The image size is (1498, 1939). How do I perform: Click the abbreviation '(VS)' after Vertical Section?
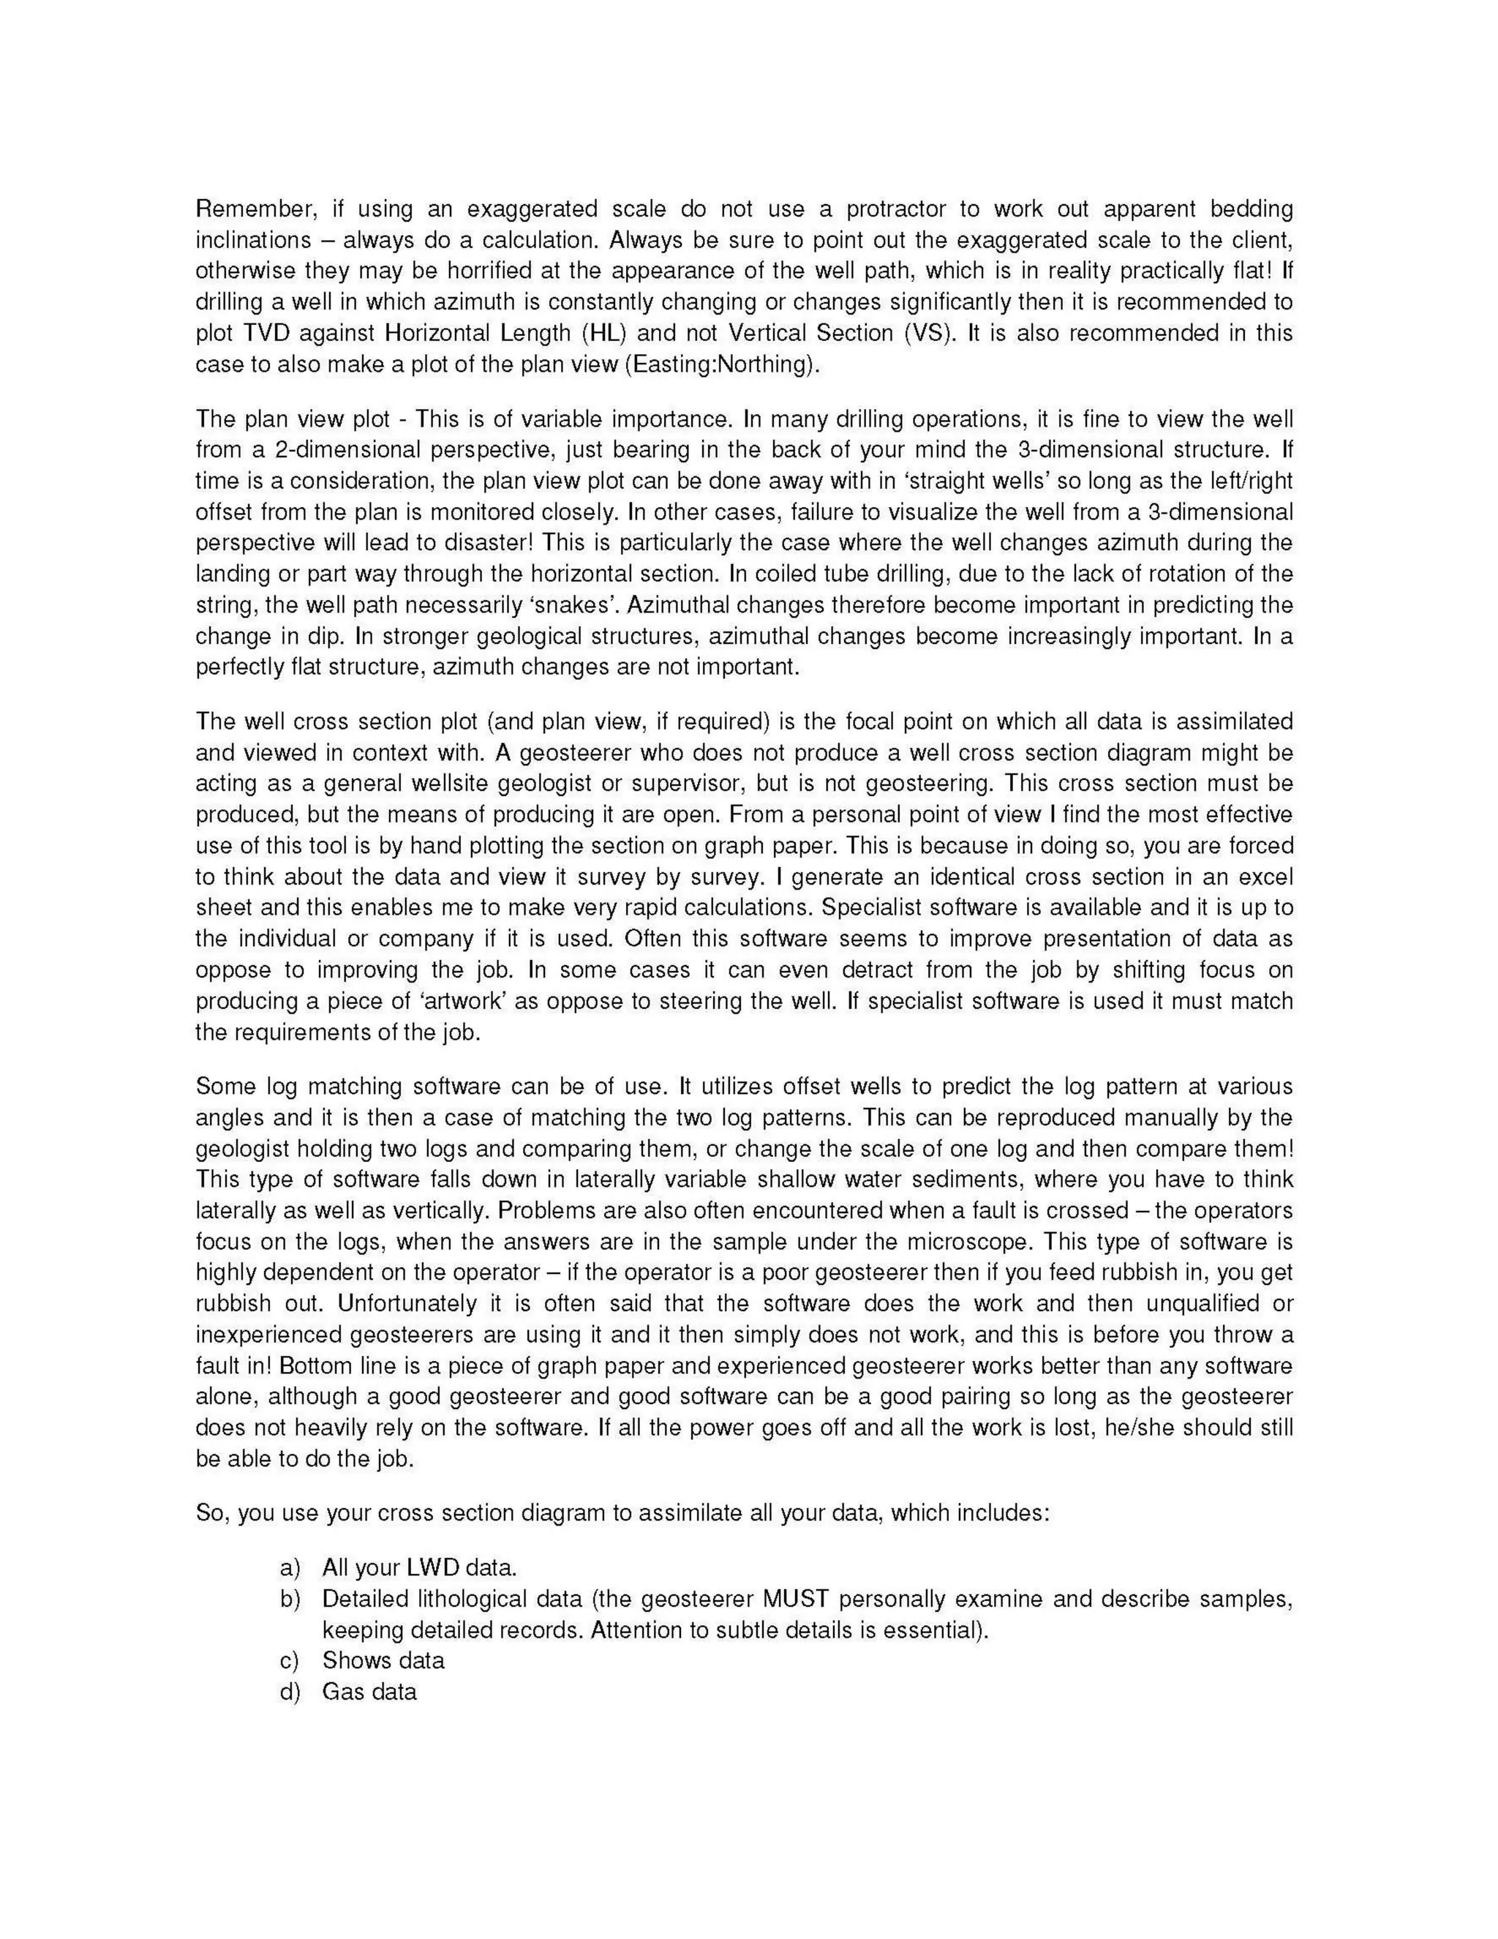coord(927,334)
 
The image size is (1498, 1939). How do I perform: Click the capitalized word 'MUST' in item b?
coord(795,1599)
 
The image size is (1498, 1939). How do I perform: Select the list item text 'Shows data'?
coord(383,1661)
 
